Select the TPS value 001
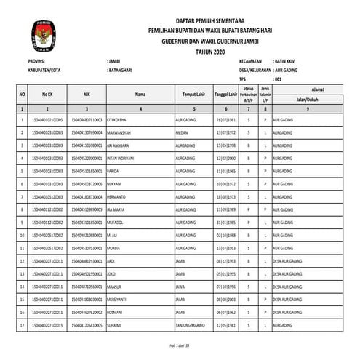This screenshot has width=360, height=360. [278, 78]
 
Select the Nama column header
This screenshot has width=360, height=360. [140, 94]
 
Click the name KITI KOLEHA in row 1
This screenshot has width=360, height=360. [119, 118]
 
